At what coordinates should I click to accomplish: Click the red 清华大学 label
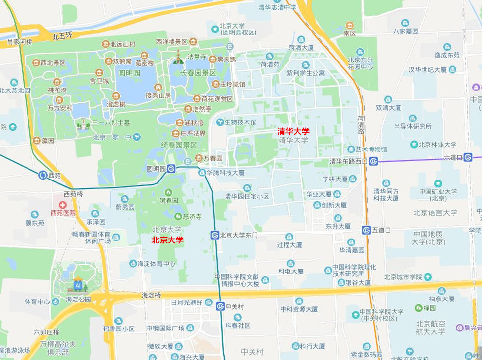293,131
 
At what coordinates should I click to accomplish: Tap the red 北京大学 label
168,240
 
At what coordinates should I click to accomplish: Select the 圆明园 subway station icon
171,168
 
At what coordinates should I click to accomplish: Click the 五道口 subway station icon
366,230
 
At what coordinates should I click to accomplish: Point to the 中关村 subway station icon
220,306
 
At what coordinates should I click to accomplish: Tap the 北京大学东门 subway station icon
214,235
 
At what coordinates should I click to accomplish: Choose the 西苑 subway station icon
43,175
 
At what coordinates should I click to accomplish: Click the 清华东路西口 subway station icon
373,161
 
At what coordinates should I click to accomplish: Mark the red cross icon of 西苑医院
62,204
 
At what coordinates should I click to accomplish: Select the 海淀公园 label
79,299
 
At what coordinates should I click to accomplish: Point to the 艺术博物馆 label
371,149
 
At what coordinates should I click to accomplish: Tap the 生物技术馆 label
240,121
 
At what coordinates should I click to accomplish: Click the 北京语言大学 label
435,212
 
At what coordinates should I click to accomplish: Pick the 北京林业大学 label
438,144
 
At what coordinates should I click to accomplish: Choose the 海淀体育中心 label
156,264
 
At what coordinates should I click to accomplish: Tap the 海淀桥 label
151,295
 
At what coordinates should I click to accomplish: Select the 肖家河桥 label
19,42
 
